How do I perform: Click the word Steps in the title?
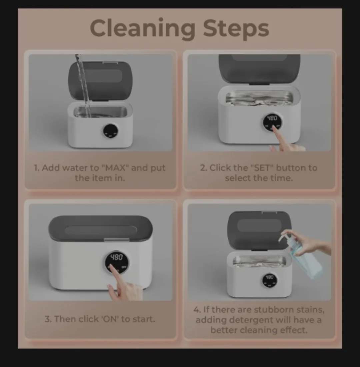tap(236, 29)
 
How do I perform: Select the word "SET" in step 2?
tap(262, 167)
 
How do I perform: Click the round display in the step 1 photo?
tap(110, 131)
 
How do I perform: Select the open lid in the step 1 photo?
tap(100, 80)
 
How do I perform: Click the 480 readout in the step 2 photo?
tap(272, 118)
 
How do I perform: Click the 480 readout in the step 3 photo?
tap(116, 257)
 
